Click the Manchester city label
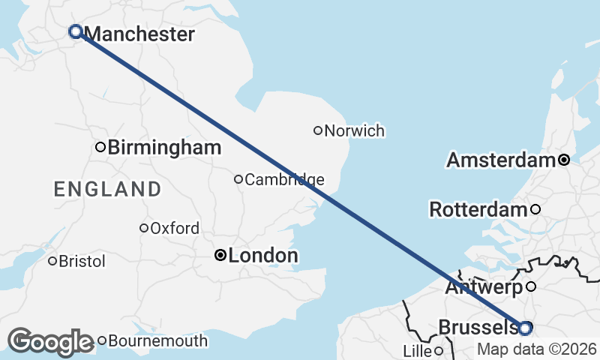[140, 34]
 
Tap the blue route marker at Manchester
[75, 31]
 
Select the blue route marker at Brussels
[525, 328]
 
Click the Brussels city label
[477, 328]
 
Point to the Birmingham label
[164, 148]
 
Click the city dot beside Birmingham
[100, 147]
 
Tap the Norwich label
[355, 131]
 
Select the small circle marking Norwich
[318, 130]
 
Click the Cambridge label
[284, 180]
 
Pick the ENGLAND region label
[107, 189]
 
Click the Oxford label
[175, 229]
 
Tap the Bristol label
[82, 262]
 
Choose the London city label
[262, 256]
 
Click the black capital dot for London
[220, 255]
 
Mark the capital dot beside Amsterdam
[564, 160]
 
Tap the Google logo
[50, 342]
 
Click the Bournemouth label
[157, 341]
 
